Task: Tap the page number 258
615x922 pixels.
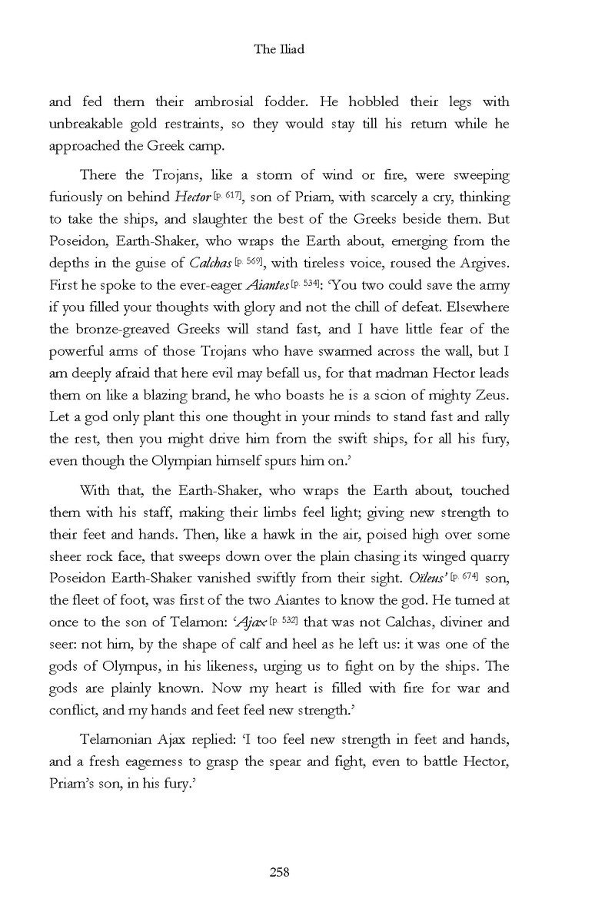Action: [x=278, y=871]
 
